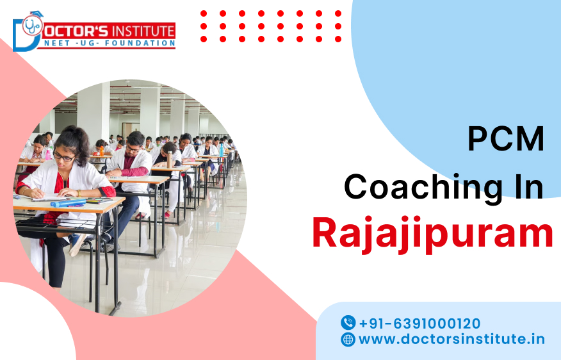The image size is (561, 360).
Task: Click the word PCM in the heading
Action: pyautogui.click(x=505, y=140)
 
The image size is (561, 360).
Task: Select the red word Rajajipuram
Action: pyautogui.click(x=432, y=234)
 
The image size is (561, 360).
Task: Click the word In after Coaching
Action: pyautogui.click(x=523, y=187)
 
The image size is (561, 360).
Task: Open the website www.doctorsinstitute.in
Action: pyautogui.click(x=451, y=340)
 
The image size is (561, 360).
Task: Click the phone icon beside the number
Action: pyautogui.click(x=348, y=323)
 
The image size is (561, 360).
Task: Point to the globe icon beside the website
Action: pyautogui.click(x=348, y=340)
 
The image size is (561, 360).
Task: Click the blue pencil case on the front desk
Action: pyautogui.click(x=68, y=202)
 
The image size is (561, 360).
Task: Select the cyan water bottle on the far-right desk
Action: pyautogui.click(x=222, y=149)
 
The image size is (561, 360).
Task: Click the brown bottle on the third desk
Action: pyautogui.click(x=168, y=160)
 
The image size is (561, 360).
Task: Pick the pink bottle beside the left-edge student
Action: pyautogui.click(x=47, y=154)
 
